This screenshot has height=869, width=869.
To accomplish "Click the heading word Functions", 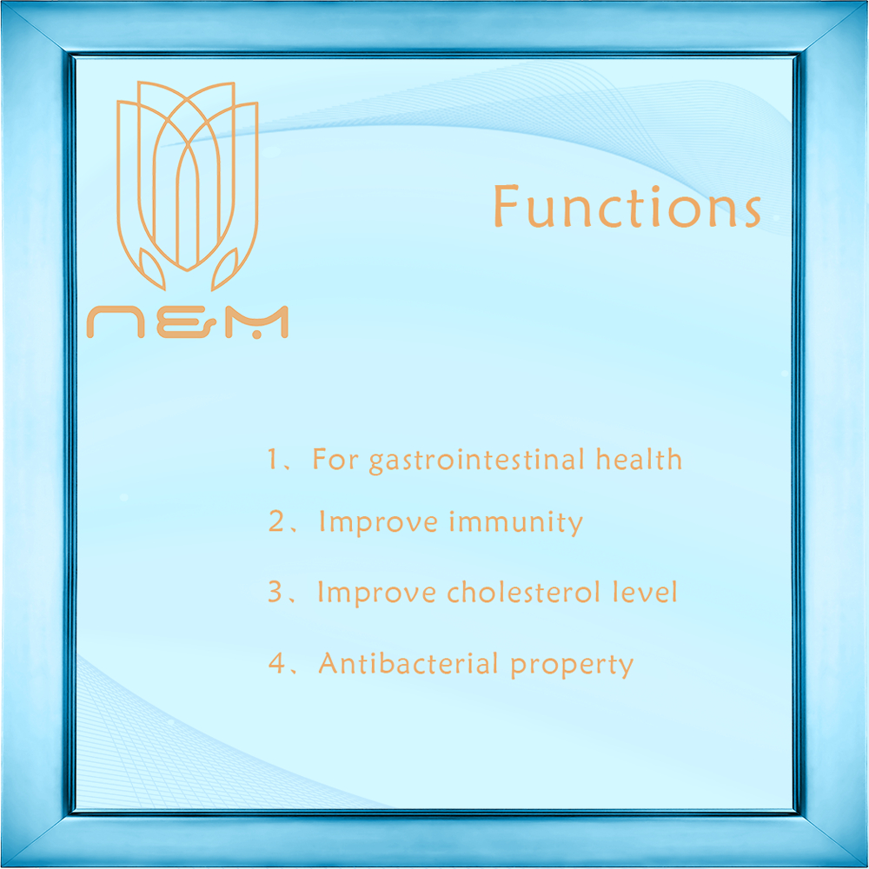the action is [627, 206].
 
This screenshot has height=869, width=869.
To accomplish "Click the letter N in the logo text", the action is [116, 322].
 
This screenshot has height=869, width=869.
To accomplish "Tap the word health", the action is [639, 459].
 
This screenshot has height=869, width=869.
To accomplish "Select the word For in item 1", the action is [335, 460].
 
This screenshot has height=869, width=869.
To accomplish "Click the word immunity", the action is [516, 523].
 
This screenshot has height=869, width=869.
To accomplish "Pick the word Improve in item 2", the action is [379, 523].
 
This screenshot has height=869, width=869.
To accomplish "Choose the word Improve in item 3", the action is [377, 594].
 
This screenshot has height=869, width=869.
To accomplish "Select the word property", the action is [572, 666].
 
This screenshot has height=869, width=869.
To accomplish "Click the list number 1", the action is [273, 459].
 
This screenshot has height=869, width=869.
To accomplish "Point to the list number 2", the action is [276, 521].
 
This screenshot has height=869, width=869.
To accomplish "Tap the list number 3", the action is [275, 592].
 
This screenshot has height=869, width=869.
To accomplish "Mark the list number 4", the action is [276, 662].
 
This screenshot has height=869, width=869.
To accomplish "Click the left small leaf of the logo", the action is [151, 269].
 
